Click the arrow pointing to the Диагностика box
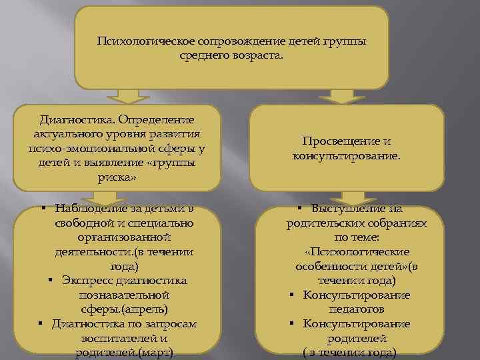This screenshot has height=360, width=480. coord(126,97)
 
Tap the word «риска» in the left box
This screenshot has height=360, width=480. coord(117,178)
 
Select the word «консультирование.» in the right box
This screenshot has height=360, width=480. coord(347,156)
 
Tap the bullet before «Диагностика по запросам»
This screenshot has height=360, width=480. coord(41,324)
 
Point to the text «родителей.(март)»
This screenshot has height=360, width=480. coord(125,353)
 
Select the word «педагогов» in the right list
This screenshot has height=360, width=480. coord(357,309)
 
